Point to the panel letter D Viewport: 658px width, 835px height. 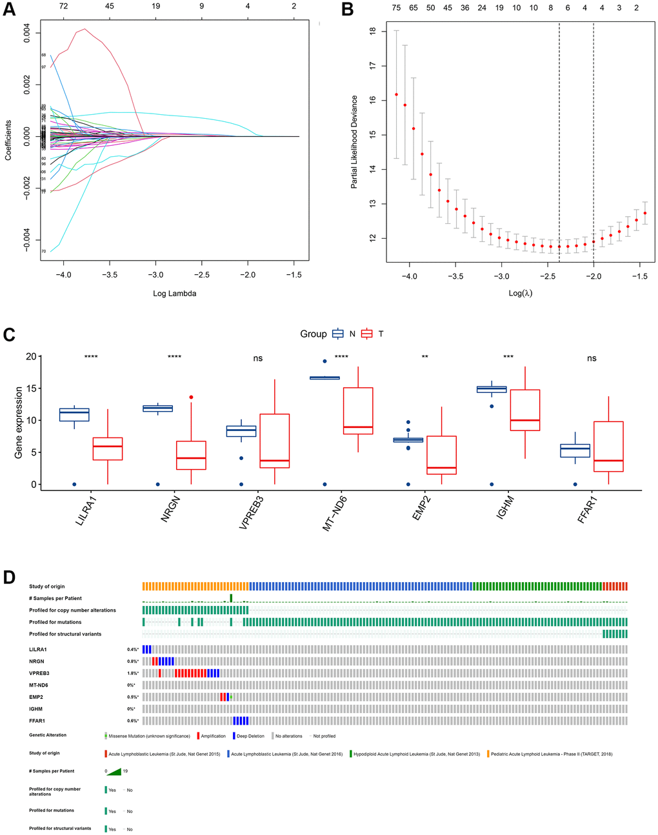tap(10, 576)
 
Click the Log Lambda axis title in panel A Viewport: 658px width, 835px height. tap(174, 294)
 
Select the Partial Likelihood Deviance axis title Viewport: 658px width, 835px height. tap(354, 142)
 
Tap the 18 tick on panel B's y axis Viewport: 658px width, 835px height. tap(372, 31)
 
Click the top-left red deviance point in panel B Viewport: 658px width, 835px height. tap(397, 95)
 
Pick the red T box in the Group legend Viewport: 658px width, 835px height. tap(368, 334)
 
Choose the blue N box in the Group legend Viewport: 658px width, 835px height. tap(337, 334)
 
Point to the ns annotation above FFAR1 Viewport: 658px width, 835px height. tap(592, 358)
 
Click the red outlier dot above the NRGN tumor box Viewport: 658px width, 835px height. tap(192, 397)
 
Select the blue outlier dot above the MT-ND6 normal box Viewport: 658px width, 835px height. tap(324, 361)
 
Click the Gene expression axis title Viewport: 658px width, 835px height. tap(19, 423)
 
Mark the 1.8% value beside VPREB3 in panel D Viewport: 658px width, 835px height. tap(132, 673)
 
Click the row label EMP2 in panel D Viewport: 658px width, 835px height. tap(37, 697)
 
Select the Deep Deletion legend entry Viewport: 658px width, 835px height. tap(250, 736)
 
